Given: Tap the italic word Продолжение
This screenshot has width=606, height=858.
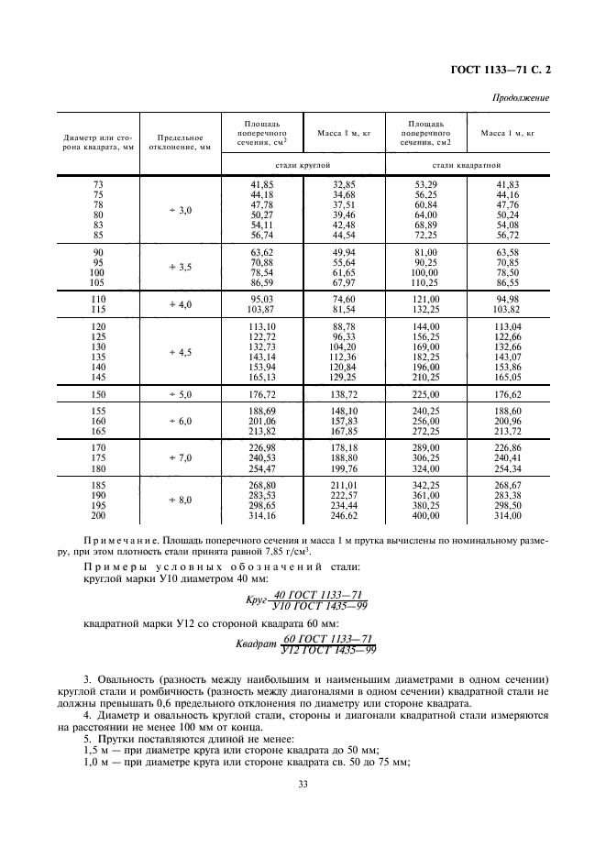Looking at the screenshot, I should pyautogui.click(x=524, y=97).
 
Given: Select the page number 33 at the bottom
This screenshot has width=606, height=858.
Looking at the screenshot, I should pyautogui.click(x=303, y=783).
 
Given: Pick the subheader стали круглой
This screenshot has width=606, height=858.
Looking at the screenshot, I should pyautogui.click(x=303, y=166).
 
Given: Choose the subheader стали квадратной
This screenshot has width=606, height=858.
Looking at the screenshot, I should pyautogui.click(x=467, y=166).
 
